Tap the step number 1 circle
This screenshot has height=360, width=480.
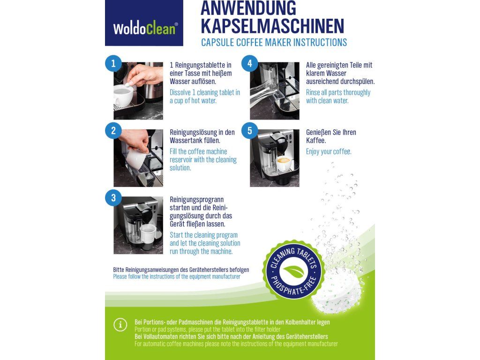(x=113, y=63)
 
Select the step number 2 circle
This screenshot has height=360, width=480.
(x=113, y=130)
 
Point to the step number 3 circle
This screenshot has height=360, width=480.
(x=113, y=198)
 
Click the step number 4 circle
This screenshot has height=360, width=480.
(x=250, y=63)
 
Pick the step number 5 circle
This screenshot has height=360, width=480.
(x=250, y=130)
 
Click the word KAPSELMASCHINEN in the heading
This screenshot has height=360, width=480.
(x=272, y=26)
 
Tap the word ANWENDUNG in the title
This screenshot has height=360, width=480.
(x=248, y=8)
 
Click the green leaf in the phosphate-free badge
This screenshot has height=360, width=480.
(x=293, y=271)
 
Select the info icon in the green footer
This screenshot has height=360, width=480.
(x=120, y=325)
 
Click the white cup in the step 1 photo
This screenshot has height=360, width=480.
(x=123, y=96)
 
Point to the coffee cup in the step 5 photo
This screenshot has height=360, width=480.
(x=284, y=164)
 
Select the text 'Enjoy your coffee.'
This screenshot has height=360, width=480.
(x=329, y=151)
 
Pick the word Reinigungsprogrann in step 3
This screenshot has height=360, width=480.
(x=197, y=200)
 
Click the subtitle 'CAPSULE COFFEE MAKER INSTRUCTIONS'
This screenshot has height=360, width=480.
(x=274, y=42)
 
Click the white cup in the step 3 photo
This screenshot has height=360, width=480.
(x=148, y=233)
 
